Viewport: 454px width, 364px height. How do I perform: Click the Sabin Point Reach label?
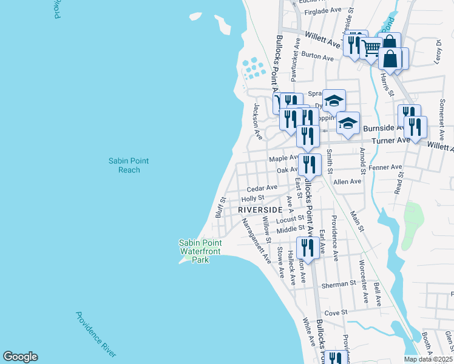coord(129,165)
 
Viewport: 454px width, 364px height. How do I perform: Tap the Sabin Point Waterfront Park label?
coord(200,251)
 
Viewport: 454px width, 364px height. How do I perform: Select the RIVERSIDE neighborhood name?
coord(260,209)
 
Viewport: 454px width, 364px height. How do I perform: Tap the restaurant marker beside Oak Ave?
coord(310,166)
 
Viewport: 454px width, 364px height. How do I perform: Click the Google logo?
coord(20,357)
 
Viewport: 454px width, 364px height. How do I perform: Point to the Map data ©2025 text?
coord(428,359)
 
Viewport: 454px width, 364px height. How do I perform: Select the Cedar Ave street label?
coord(262,187)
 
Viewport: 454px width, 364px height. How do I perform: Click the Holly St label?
coord(252,198)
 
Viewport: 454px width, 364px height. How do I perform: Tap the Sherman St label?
coord(339,284)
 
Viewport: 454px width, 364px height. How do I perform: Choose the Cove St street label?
coord(335,312)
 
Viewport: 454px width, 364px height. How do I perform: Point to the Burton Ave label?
coord(317,58)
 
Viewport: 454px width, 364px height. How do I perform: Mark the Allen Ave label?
coord(347,181)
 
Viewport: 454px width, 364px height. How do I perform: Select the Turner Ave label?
coord(394,140)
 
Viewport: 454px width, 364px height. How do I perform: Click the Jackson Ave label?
coord(257,121)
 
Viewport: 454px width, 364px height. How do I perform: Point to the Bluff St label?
coord(220,207)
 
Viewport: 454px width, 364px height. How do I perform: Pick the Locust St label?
coord(293,218)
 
